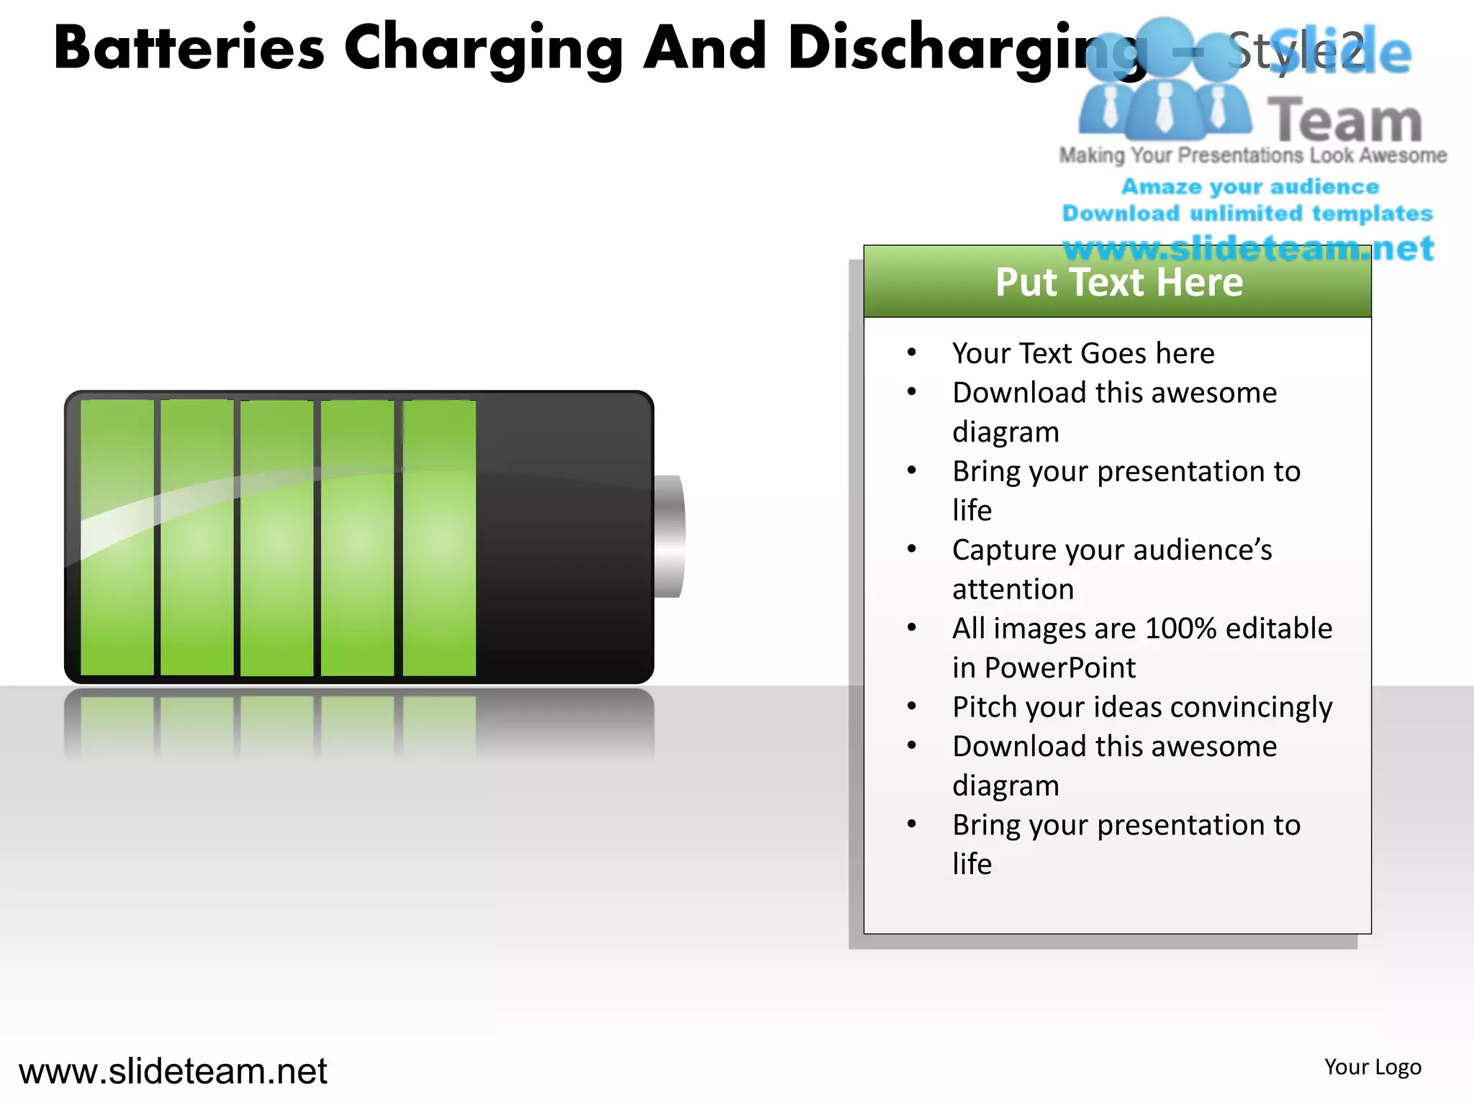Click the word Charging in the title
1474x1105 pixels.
[483, 49]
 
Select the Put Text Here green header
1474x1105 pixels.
[1118, 282]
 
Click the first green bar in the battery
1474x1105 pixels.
[117, 537]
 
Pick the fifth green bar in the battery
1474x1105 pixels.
[439, 537]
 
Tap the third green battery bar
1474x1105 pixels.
[277, 537]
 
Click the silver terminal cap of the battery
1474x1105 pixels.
[669, 536]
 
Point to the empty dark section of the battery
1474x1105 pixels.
[564, 537]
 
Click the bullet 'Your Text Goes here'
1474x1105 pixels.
[1083, 353]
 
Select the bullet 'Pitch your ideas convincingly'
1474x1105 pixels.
[1142, 707]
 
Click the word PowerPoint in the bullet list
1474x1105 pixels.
[1059, 668]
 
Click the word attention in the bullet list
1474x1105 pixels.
[1013, 589]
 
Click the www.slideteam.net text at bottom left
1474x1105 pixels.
[173, 1070]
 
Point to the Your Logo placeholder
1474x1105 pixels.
[1373, 1067]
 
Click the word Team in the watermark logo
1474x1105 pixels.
[1344, 120]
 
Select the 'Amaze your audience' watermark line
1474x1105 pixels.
[1250, 187]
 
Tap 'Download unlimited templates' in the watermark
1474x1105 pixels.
[1247, 214]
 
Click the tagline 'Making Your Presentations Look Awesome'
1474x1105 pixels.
[1252, 155]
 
